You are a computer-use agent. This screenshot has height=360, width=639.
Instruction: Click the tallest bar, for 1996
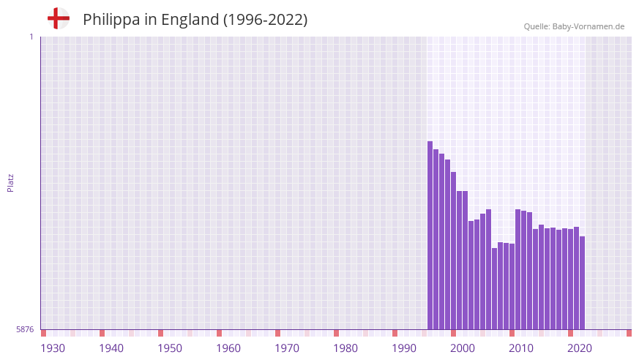(x=430, y=234)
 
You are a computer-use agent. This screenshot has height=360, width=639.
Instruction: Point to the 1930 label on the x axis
(x=53, y=348)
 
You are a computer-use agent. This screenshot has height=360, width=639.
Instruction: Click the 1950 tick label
(x=170, y=348)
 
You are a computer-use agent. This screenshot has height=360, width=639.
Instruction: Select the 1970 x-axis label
(x=287, y=348)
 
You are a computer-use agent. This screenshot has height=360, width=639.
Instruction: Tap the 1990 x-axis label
(x=404, y=348)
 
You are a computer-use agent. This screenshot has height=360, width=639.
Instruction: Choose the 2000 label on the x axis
(x=463, y=348)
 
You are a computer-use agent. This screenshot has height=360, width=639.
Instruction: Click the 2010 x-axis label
(x=521, y=348)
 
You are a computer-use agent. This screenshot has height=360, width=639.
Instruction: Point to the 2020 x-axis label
(x=580, y=348)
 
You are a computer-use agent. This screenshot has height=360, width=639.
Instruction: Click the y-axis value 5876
(x=25, y=330)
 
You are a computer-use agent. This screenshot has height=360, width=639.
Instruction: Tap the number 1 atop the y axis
(x=31, y=37)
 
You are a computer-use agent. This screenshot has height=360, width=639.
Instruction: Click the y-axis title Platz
(x=10, y=183)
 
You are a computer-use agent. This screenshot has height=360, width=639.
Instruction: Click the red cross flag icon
(x=58, y=19)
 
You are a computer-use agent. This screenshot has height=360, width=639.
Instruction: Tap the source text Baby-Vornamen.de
(x=588, y=26)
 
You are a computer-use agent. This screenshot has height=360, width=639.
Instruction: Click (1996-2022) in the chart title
(x=266, y=20)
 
